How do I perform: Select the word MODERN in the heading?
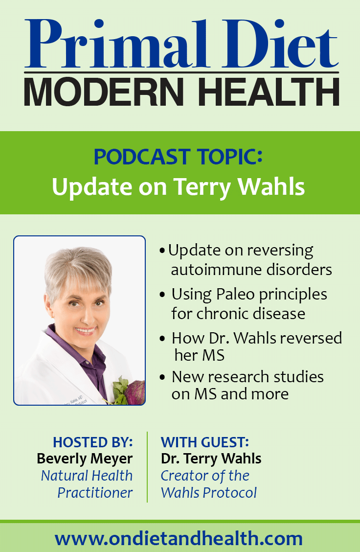(104, 92)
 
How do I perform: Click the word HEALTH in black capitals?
(269, 92)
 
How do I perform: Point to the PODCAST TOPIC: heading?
(178, 157)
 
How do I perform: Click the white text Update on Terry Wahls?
(178, 186)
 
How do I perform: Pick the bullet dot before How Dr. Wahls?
(162, 339)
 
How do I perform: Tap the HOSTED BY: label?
(93, 442)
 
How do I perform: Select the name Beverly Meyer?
(85, 459)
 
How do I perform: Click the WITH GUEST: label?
(205, 442)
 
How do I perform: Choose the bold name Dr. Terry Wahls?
(211, 459)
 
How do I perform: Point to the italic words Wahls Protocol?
(209, 492)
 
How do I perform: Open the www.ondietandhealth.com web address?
(179, 539)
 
